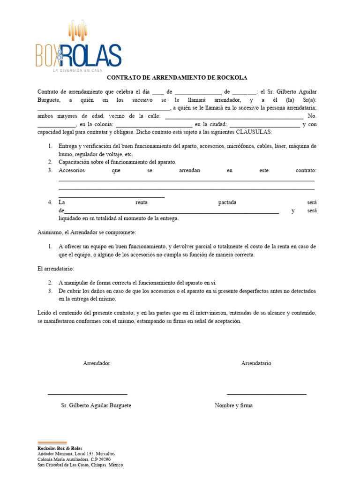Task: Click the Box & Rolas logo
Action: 78,47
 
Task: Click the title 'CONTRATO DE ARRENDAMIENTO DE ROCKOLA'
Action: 177,78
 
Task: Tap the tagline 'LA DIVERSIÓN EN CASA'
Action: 77,70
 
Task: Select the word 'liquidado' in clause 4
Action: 69,218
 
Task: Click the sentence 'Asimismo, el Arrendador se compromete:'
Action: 87,232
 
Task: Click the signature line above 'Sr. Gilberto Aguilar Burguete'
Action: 88,394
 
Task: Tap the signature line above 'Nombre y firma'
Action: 266,394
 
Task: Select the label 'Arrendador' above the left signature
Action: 97,363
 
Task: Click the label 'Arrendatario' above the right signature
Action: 256,363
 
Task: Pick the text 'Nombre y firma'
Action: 233,405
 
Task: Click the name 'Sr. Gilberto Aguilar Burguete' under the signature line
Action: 96,405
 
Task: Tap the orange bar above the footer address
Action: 52,442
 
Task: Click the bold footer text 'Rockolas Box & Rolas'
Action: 60,448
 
